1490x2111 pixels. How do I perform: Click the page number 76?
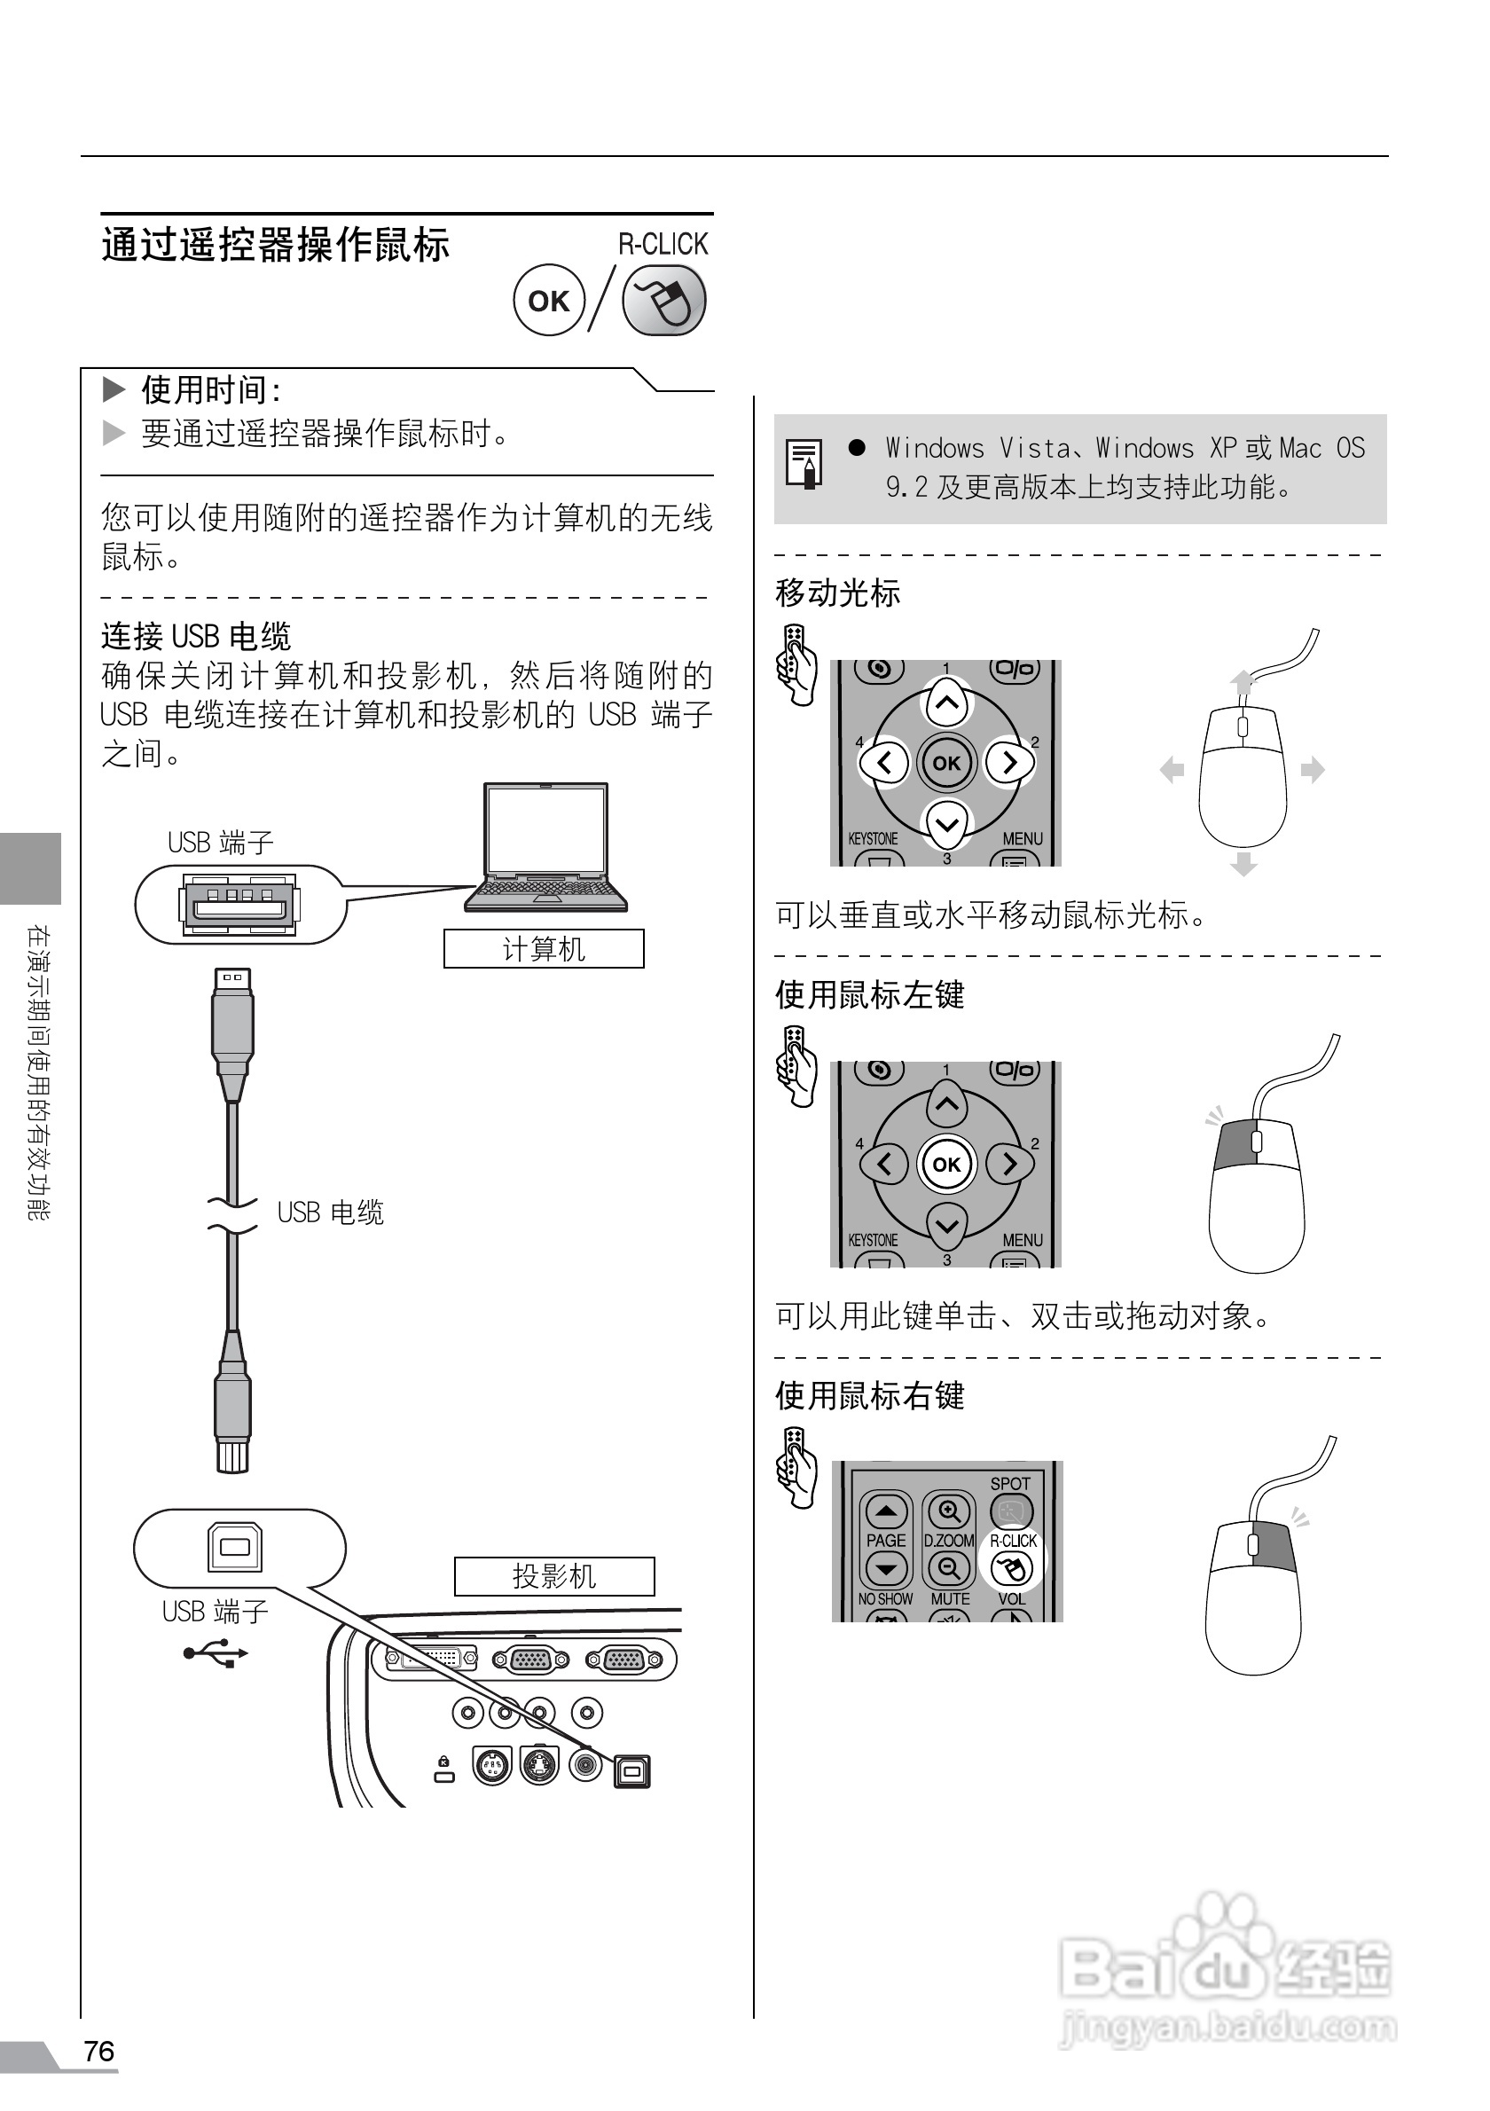(99, 2051)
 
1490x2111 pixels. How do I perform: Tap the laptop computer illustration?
(546, 847)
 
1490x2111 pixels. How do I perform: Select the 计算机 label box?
(544, 948)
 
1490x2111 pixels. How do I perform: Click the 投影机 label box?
(554, 1576)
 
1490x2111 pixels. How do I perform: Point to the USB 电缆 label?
(330, 1212)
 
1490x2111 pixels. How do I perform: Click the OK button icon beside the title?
(549, 301)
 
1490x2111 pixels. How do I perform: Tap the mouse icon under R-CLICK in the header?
(663, 301)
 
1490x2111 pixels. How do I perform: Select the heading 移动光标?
(837, 593)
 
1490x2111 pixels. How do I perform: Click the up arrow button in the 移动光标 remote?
(946, 703)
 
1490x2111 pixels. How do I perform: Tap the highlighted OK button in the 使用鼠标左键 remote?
(946, 1165)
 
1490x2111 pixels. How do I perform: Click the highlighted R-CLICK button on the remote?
(1012, 1567)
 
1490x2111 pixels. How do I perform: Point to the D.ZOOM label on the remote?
(949, 1540)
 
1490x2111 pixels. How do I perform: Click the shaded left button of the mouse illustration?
(1233, 1145)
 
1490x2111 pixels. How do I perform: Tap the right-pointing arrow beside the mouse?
(1313, 770)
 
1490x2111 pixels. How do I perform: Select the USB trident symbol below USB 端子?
(216, 1654)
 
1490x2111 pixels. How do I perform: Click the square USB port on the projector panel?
(631, 1770)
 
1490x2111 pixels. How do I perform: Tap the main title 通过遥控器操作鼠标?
(275, 246)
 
